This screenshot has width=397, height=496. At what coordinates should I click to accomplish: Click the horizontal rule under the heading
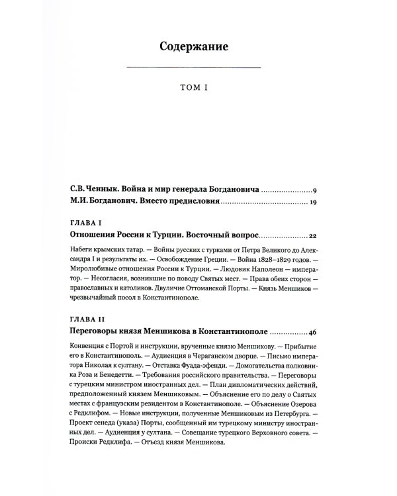pos(193,68)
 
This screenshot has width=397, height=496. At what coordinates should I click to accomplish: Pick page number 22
pos(314,235)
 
